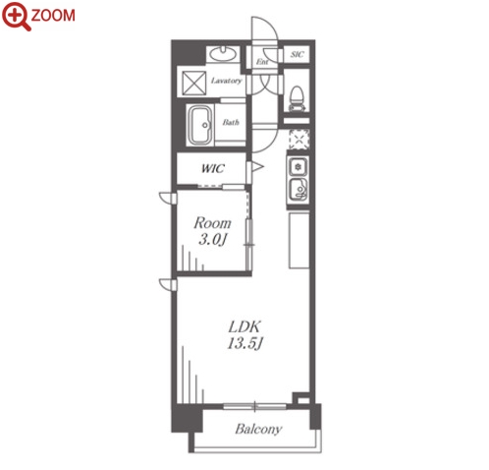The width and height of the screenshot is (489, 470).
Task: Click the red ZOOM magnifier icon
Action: (16, 16)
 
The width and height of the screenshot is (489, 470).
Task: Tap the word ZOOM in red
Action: (53, 16)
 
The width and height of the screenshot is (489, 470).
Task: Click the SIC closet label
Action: (297, 54)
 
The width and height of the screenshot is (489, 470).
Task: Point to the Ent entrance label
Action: (262, 61)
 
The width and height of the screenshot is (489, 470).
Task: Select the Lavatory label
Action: (226, 81)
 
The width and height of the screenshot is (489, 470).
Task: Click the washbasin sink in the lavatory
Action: (223, 54)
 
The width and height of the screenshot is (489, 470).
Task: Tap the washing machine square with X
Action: (194, 84)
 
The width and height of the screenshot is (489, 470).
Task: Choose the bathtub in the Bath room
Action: (200, 125)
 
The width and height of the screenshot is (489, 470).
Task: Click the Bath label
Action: (231, 123)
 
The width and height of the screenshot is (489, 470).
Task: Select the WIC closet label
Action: (213, 168)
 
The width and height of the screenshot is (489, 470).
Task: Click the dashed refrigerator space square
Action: (299, 140)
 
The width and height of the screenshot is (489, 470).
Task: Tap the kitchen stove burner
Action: (298, 167)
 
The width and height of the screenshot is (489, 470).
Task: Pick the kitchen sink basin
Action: (299, 190)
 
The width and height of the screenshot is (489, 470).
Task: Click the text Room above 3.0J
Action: (212, 223)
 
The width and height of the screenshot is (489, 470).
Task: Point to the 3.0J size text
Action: (212, 240)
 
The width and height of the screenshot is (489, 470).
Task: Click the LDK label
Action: (244, 326)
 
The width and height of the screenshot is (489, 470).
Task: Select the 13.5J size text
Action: (245, 344)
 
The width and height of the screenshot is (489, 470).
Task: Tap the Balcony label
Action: (258, 429)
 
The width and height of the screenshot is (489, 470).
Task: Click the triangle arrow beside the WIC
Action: (257, 167)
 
